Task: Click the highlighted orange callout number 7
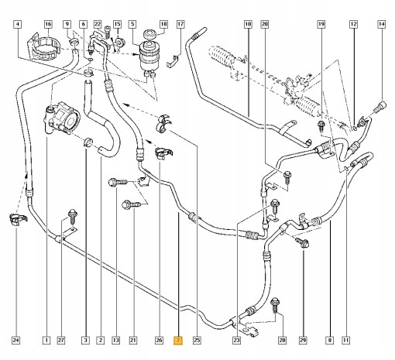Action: tap(178, 340)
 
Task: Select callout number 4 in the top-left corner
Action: tap(17, 25)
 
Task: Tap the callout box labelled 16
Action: tap(48, 25)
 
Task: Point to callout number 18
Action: tap(163, 25)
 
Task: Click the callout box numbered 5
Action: tap(132, 25)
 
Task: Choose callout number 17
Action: tap(180, 25)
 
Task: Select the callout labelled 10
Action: tap(249, 25)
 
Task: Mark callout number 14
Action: tap(381, 25)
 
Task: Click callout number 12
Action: tap(353, 25)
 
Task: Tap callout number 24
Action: tap(15, 340)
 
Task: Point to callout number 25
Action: tap(197, 340)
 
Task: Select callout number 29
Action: tap(303, 340)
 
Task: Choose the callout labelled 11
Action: tap(345, 340)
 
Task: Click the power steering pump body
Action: tap(64, 121)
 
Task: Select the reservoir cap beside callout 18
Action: tap(145, 36)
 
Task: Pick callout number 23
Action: tap(235, 340)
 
